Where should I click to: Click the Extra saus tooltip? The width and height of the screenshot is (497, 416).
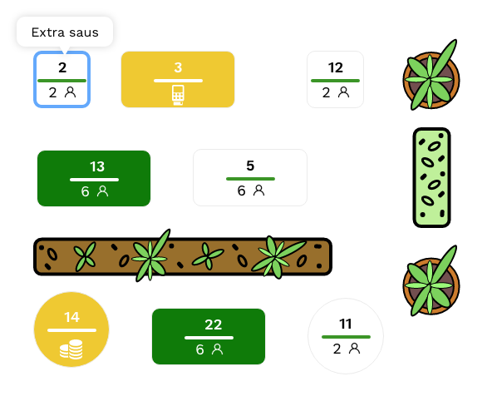(x=65, y=32)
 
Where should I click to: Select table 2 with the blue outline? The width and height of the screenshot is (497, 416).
(x=62, y=79)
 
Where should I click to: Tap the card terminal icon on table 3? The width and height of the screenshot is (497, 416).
(x=178, y=95)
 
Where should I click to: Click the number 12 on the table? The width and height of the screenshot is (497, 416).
(x=335, y=67)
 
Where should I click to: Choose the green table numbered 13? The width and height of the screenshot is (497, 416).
(x=94, y=178)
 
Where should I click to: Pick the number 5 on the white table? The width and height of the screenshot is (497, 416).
(x=250, y=166)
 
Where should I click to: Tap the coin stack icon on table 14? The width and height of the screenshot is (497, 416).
(x=71, y=349)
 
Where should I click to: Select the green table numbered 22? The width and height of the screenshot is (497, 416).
(x=209, y=336)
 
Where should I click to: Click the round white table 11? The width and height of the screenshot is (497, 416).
(x=346, y=336)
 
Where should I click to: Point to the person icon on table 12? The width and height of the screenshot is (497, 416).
(x=343, y=92)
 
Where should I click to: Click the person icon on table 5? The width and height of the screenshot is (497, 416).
(x=259, y=191)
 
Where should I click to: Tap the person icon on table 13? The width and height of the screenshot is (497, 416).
(x=102, y=191)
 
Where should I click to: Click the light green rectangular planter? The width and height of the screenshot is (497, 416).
(x=431, y=177)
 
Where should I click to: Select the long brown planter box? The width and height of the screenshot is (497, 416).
(x=183, y=256)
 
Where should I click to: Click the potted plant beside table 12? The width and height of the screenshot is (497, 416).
(x=431, y=77)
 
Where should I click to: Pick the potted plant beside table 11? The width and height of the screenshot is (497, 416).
(x=431, y=282)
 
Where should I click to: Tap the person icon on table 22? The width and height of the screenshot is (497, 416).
(x=217, y=349)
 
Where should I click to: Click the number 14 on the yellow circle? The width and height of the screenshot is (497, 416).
(x=71, y=317)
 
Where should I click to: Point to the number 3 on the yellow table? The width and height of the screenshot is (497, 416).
(x=178, y=67)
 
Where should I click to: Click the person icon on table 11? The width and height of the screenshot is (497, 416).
(x=354, y=349)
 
